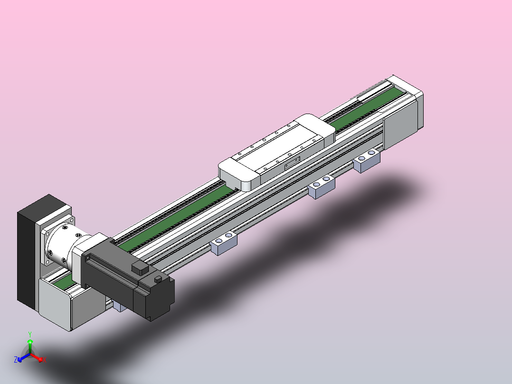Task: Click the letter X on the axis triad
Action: click(x=45, y=360)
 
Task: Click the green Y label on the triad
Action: click(x=30, y=334)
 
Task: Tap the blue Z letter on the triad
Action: click(x=16, y=359)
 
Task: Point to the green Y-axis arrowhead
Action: click(x=30, y=342)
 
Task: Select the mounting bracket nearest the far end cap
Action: click(x=367, y=161)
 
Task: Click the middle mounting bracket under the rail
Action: click(x=322, y=187)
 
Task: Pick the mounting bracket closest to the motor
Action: click(x=224, y=243)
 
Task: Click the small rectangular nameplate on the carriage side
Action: click(x=292, y=163)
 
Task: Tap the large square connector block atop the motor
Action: click(x=140, y=269)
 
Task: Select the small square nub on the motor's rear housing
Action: click(x=158, y=279)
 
